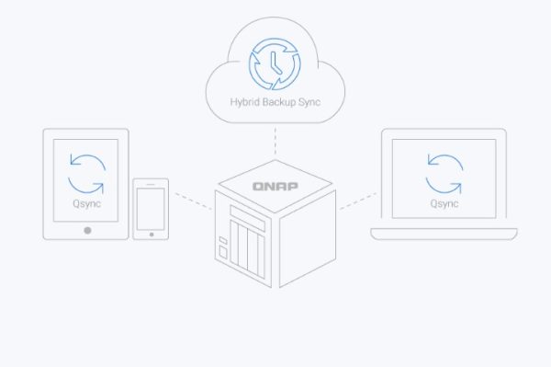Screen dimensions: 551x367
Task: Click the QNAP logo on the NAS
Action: pos(275,186)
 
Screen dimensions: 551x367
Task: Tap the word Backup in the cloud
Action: pos(279,102)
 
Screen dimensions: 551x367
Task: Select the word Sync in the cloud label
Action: pos(309,102)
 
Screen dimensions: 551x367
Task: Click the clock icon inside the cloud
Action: pos(275,63)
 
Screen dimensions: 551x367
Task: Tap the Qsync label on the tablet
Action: pos(87,203)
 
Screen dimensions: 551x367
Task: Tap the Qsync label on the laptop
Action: pos(444,203)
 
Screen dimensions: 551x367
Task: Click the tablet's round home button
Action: pos(87,230)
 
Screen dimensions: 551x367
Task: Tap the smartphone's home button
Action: pos(152,235)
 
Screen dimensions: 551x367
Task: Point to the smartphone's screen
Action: pos(151,209)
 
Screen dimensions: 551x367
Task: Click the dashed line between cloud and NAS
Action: pos(275,141)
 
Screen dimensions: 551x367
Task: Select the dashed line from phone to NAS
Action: pos(193,201)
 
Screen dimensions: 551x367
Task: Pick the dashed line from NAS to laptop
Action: pos(358,201)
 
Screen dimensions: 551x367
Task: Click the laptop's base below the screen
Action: pos(444,234)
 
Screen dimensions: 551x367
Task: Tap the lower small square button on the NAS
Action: pos(223,252)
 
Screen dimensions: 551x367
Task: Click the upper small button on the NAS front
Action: pos(223,240)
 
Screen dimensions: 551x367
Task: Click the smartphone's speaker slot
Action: pos(151,184)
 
